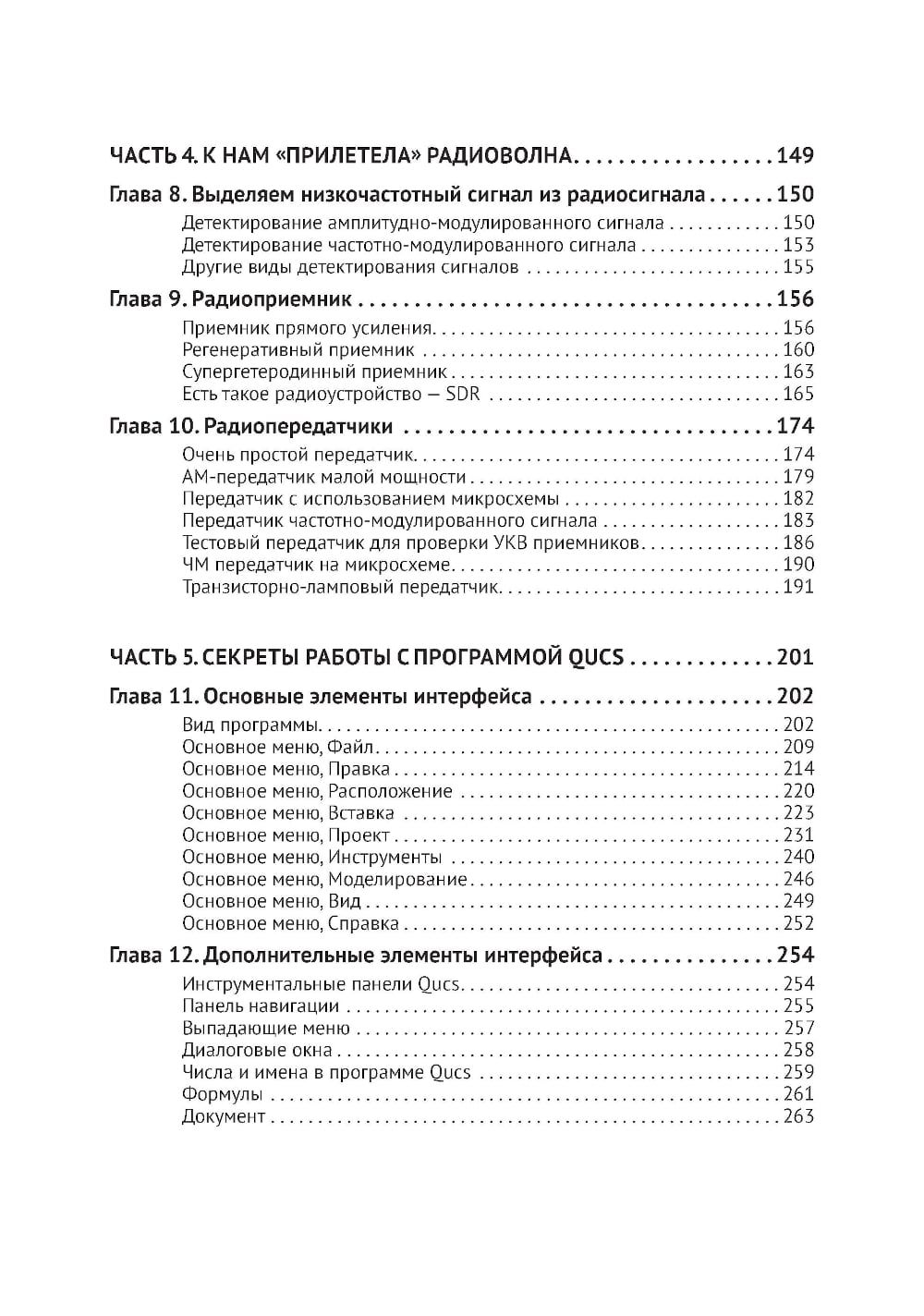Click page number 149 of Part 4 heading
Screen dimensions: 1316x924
tap(795, 154)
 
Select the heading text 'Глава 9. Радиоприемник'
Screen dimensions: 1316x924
tap(230, 299)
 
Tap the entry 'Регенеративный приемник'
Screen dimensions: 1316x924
tap(298, 350)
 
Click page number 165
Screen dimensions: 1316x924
tap(798, 395)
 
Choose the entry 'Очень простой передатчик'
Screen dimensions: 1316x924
tap(299, 455)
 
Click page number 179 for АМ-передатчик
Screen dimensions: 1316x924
tap(798, 477)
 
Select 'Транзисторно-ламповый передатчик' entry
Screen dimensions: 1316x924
tap(341, 588)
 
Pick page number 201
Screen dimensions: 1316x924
tap(795, 658)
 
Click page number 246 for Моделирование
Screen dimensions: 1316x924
tap(798, 880)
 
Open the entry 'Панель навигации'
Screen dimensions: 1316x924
tap(261, 1006)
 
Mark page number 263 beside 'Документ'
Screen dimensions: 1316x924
tap(798, 1117)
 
